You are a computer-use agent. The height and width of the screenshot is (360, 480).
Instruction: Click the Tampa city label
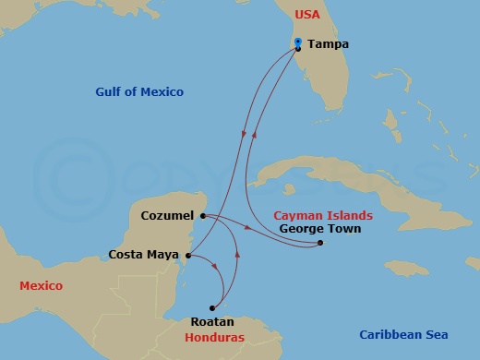[328, 43]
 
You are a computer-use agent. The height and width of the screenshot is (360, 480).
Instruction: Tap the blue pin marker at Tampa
[298, 42]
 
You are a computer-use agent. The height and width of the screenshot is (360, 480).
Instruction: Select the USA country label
[306, 16]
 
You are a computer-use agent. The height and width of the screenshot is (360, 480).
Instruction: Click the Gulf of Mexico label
[139, 92]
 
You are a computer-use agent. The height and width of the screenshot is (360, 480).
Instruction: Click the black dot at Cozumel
[202, 216]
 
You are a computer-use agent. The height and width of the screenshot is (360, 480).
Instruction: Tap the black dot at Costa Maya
[188, 256]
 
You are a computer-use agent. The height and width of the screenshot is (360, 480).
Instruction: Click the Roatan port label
[210, 322]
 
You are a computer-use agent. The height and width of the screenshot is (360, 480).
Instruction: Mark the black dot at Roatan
[212, 308]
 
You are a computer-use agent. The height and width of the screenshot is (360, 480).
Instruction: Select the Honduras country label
[214, 338]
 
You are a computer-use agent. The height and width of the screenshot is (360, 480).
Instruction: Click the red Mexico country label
[41, 286]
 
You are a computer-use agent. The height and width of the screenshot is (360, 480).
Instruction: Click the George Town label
[319, 229]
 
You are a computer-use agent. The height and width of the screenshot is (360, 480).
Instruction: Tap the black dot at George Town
[318, 244]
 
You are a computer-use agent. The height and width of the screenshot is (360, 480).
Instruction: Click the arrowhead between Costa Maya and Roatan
[218, 269]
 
